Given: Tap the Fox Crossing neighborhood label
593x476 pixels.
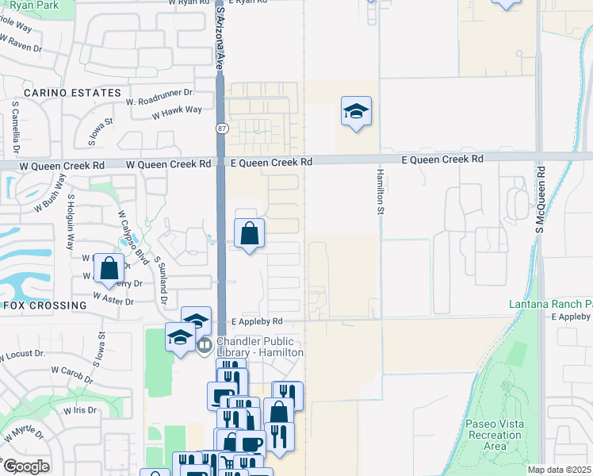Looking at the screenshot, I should (45, 305).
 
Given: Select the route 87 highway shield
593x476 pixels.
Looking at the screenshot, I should (221, 128).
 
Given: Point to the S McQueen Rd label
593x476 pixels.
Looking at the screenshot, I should (540, 199).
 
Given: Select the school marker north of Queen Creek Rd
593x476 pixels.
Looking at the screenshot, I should (357, 112).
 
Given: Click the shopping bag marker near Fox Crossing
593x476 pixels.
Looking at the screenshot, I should (109, 268).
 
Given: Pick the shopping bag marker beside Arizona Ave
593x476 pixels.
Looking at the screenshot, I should (249, 234).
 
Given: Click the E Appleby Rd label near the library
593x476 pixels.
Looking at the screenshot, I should (257, 322).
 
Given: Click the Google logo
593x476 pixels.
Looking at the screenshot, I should (26, 466).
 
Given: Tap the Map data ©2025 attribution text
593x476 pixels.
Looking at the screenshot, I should (560, 470).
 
